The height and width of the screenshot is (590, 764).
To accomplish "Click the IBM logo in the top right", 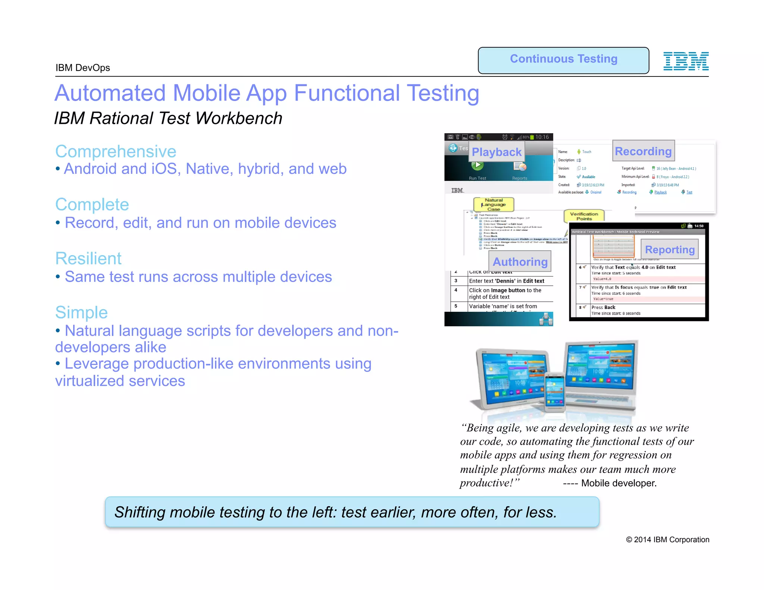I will click(686, 61).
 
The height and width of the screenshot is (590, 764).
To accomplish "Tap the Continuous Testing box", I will click(563, 60).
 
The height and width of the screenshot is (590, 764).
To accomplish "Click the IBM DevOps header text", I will click(83, 68).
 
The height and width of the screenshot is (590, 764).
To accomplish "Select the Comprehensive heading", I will click(116, 152).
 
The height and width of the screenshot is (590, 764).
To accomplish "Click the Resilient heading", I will click(88, 258).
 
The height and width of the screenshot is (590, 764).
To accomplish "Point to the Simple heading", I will click(81, 313).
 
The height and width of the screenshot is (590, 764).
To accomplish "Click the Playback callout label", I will click(496, 152).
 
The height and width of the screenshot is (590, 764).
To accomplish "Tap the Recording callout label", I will click(643, 151).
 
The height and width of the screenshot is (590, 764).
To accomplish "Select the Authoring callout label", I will click(520, 262).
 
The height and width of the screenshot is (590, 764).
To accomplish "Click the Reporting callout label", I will click(670, 250).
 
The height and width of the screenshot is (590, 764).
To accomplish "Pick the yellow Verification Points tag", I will click(584, 216).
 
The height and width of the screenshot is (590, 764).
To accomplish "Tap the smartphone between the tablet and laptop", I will click(555, 392).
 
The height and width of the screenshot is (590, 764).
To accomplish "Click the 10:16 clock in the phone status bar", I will click(542, 137).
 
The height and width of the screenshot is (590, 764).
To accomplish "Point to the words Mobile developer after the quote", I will click(619, 483).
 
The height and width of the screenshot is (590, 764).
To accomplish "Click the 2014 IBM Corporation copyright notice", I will click(667, 540).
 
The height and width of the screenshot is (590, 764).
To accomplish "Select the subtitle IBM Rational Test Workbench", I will click(168, 119).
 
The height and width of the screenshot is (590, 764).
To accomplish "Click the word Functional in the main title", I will click(347, 93).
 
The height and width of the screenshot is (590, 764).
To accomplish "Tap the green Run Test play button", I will click(477, 166).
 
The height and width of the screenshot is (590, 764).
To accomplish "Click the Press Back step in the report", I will click(603, 307).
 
